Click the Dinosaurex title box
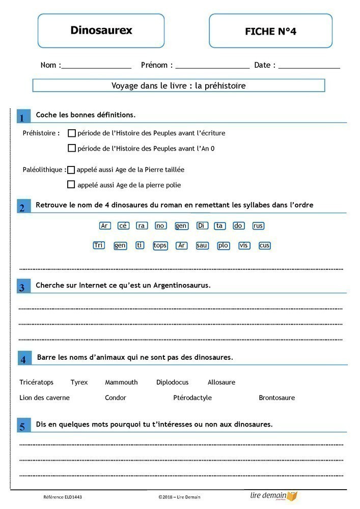[x=101, y=31]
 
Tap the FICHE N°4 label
[x=270, y=31]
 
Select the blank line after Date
[x=309, y=66]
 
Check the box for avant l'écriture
[x=72, y=133]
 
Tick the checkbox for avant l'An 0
[x=72, y=149]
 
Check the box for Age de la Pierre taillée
[x=71, y=170]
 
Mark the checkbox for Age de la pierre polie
[x=71, y=185]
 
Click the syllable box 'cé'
[x=123, y=226]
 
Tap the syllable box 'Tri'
[x=99, y=245]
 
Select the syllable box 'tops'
[x=160, y=245]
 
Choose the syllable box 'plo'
[x=224, y=245]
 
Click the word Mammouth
[x=121, y=382]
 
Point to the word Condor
[x=116, y=398]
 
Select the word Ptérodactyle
[x=192, y=398]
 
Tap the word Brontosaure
[x=276, y=398]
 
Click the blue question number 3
[x=22, y=288]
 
